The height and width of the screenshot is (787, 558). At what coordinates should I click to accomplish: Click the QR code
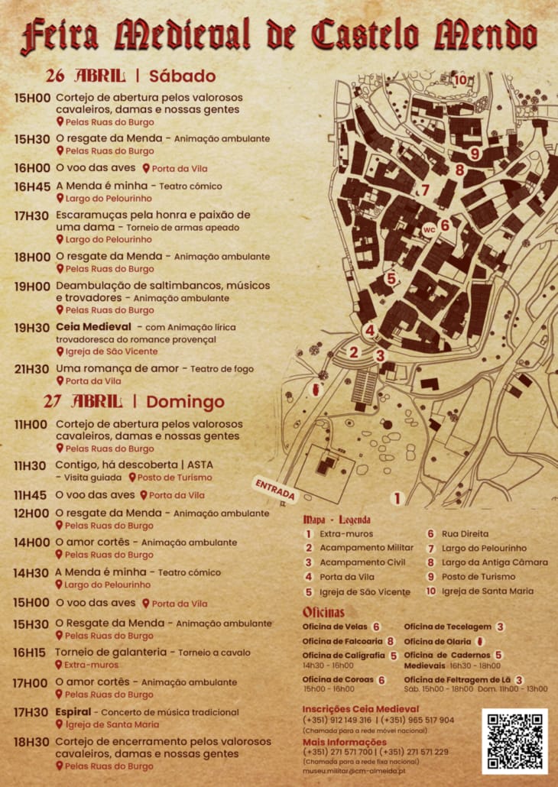click(x=514, y=741)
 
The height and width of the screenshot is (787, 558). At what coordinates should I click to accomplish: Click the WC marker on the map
click(x=429, y=228)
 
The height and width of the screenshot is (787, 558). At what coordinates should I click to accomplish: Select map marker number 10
click(x=459, y=79)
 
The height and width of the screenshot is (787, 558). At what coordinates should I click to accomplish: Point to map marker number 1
click(x=397, y=499)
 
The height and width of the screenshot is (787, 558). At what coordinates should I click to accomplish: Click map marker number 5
click(x=391, y=279)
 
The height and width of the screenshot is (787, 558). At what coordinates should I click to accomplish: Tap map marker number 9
click(x=474, y=154)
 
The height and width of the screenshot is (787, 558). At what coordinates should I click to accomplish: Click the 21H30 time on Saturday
click(x=32, y=369)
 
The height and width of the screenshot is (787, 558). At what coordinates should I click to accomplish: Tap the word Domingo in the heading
click(x=186, y=402)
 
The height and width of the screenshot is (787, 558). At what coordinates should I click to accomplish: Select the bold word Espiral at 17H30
click(x=73, y=712)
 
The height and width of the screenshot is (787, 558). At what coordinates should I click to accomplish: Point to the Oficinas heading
click(x=323, y=612)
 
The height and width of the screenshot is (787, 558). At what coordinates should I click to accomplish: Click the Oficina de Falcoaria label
click(x=342, y=641)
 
